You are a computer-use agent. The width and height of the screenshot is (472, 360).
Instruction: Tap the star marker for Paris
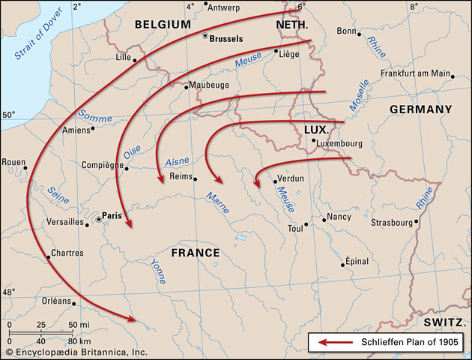[x=98, y=220]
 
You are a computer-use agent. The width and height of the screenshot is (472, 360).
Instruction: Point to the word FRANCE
[x=196, y=253]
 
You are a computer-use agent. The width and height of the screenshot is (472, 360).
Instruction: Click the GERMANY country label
[x=420, y=109]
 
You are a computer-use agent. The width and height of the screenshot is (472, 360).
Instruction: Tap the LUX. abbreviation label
[x=316, y=130]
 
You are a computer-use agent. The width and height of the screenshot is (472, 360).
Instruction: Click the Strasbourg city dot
[x=417, y=222]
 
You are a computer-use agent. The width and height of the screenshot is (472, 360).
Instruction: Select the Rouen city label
[x=14, y=161]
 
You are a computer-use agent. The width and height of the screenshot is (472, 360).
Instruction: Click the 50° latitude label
[x=9, y=115]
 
